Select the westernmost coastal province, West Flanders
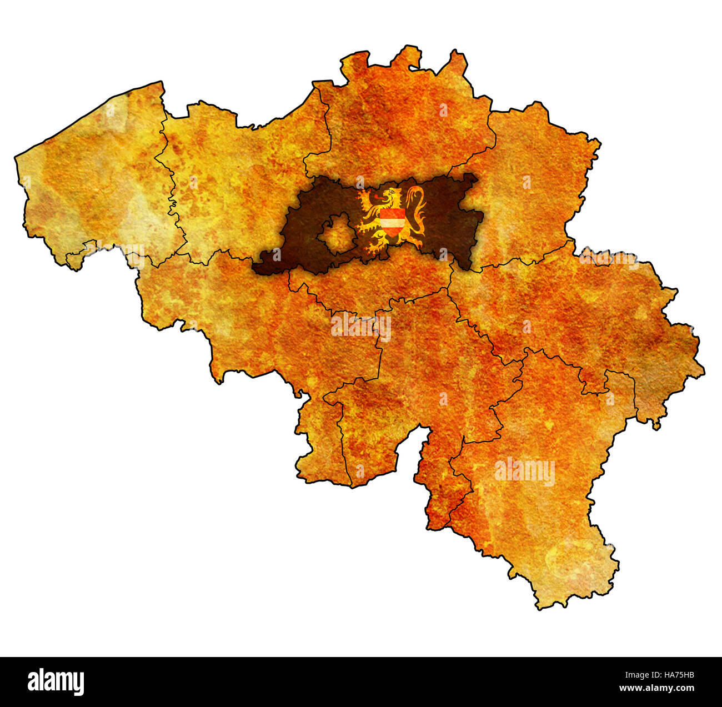tap(89, 178)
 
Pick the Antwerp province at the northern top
tap(400, 117)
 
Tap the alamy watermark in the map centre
tap(361, 327)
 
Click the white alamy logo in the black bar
tap(56, 681)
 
